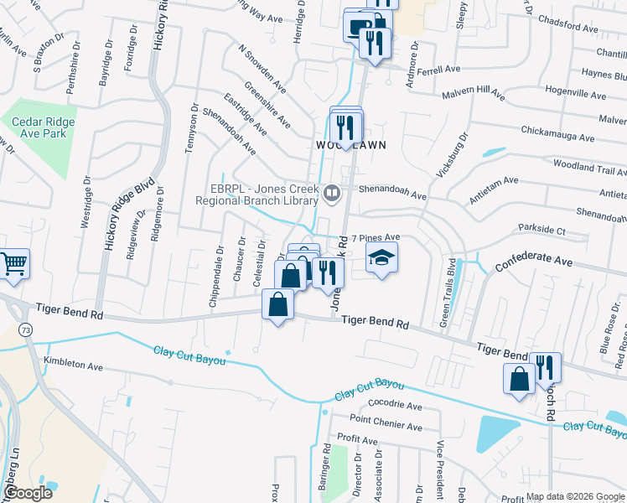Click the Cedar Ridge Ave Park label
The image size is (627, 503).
coord(43,127)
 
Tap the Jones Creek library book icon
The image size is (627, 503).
coord(332,196)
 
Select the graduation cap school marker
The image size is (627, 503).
coord(381,258)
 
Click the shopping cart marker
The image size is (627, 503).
coord(14,264)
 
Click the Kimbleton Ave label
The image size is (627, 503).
coord(73,366)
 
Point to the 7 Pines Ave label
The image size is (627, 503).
coord(376,238)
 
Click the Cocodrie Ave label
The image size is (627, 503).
coord(394,404)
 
